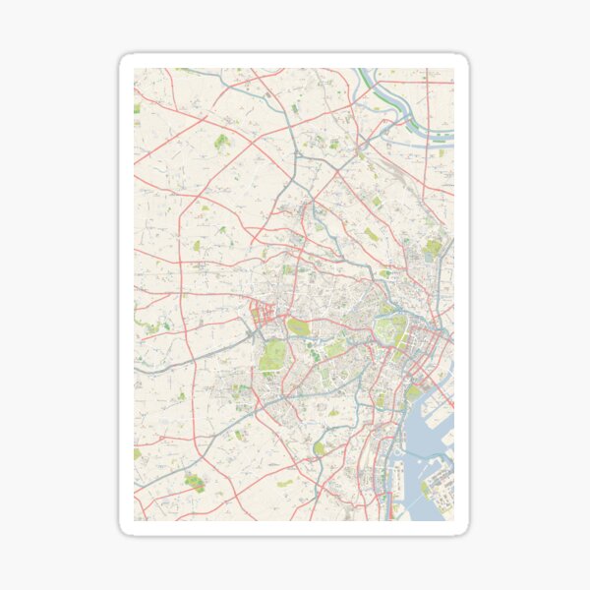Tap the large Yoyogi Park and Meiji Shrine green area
pyautogui.click(x=271, y=356)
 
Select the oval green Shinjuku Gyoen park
pyautogui.click(x=298, y=327)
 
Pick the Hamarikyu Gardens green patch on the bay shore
pyautogui.click(x=414, y=390)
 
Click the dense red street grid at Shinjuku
pyautogui.click(x=261, y=317)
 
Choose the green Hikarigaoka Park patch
pyautogui.click(x=222, y=142)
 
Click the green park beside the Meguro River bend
pyautogui.click(x=320, y=448)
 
